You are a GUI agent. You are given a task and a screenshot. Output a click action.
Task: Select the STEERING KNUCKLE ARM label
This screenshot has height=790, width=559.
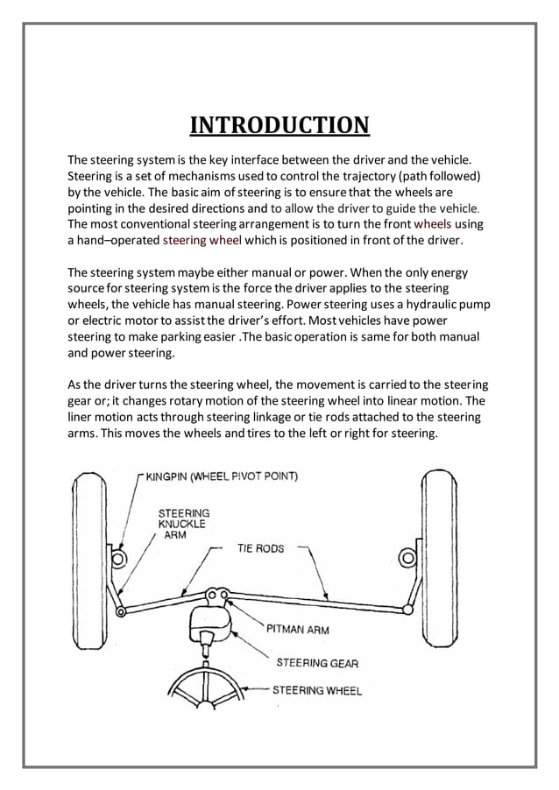click(x=183, y=524)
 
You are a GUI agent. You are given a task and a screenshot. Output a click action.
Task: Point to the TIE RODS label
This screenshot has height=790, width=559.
click(x=260, y=548)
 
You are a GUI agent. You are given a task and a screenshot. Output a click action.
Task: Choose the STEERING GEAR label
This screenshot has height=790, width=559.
click(x=317, y=663)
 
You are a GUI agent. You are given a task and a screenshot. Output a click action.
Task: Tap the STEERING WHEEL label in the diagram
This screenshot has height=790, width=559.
click(x=316, y=690)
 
